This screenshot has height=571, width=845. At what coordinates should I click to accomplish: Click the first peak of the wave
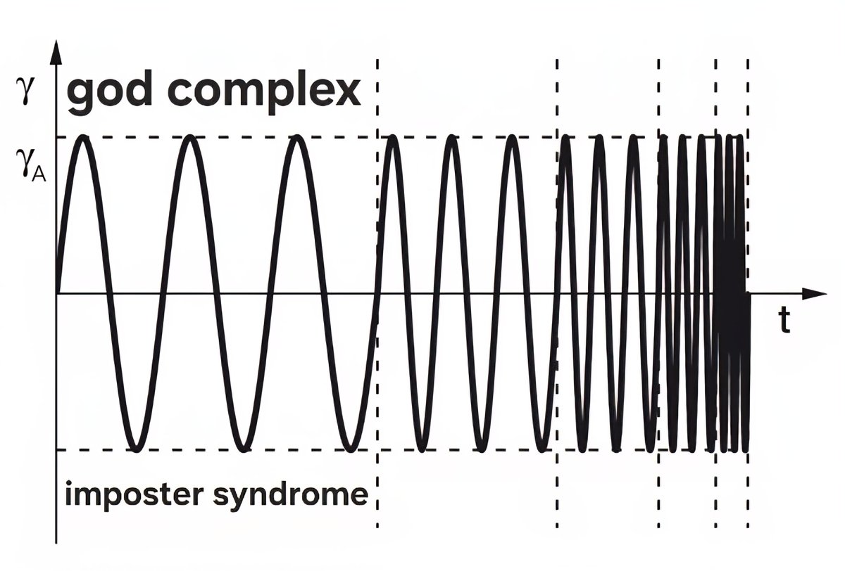tap(83, 138)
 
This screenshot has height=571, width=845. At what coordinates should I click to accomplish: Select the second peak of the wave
tap(191, 138)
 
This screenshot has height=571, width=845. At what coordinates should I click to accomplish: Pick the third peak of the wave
tap(299, 138)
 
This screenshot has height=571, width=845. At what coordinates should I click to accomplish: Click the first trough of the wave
tap(137, 448)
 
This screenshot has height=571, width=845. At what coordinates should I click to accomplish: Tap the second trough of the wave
tap(244, 448)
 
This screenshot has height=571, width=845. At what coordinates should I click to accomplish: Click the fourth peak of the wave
tap(393, 138)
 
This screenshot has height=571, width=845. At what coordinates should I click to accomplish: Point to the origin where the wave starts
tap(56, 293)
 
